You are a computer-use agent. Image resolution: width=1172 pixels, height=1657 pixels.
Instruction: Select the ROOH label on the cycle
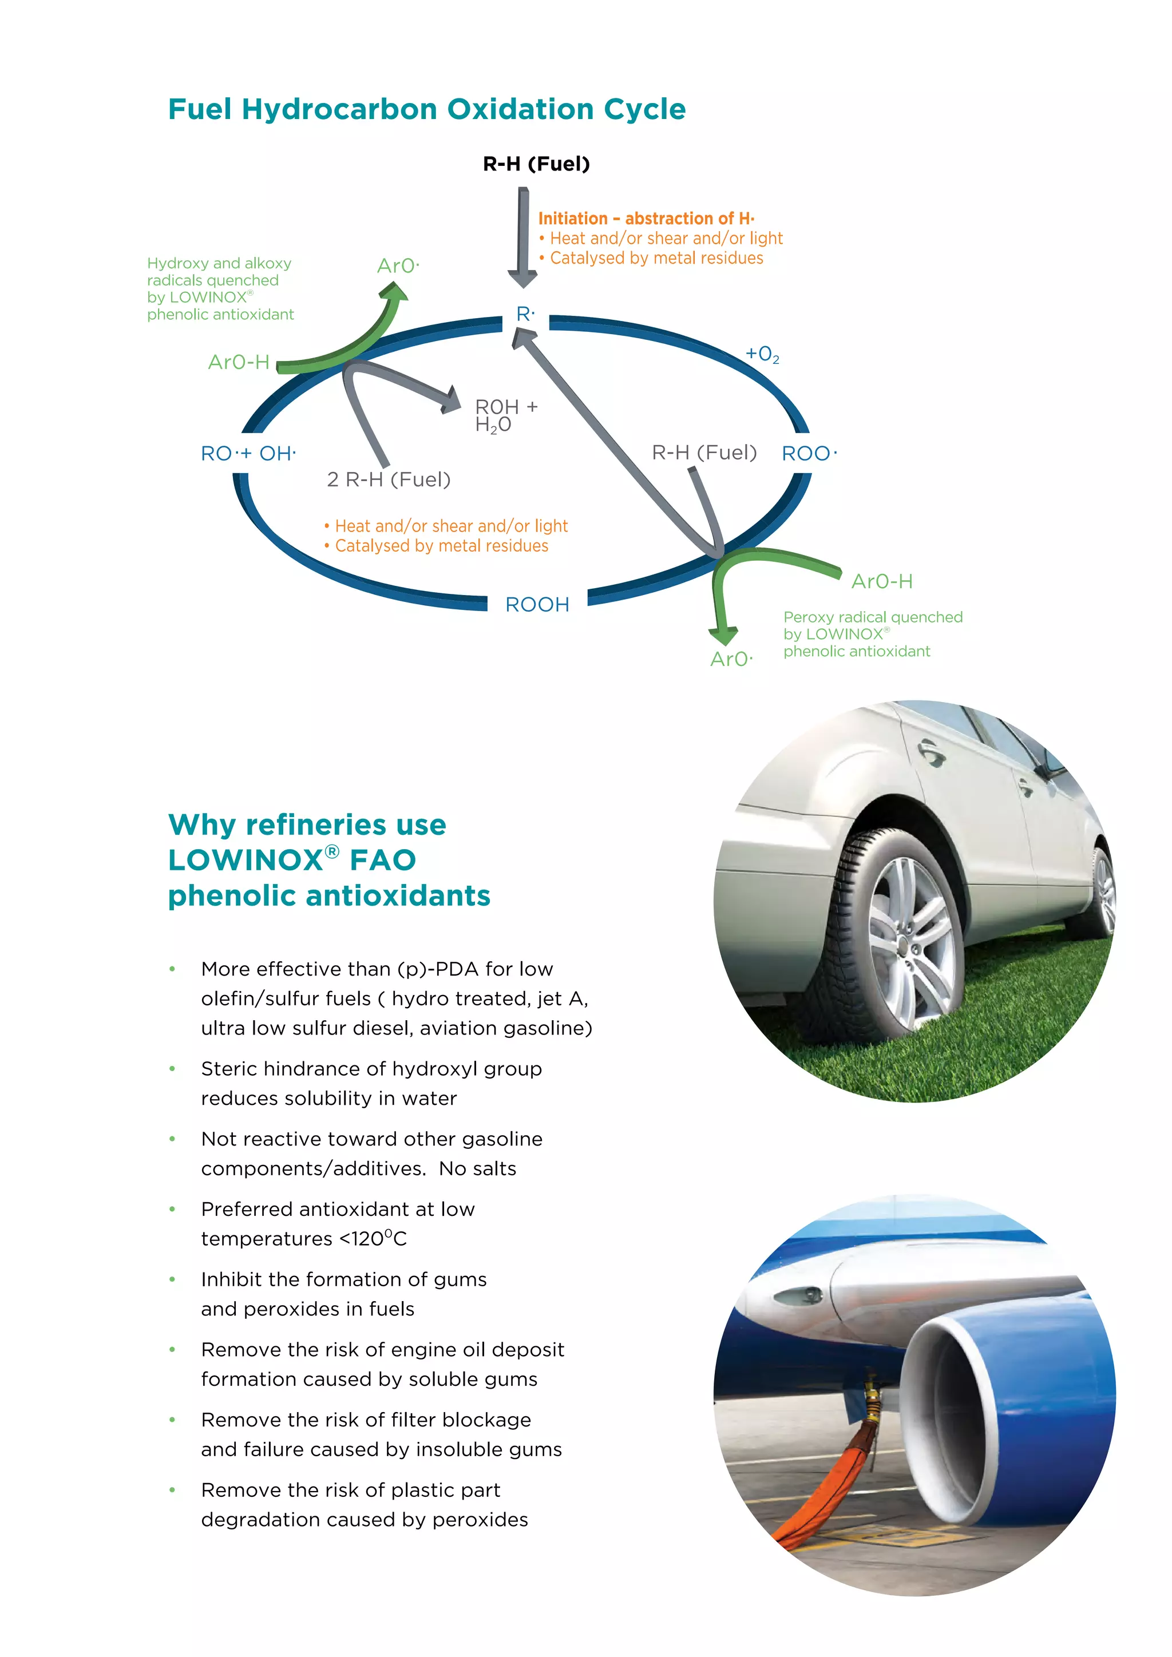537,604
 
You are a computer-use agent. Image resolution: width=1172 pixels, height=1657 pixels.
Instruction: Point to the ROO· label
809,453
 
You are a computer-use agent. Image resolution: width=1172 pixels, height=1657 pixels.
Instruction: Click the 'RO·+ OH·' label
248,453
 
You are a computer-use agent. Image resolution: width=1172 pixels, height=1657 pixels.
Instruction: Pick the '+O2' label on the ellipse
762,354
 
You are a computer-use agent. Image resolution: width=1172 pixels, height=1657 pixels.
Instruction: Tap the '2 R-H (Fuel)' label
388,479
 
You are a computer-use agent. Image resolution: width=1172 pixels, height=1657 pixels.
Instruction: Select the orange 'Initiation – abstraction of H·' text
646,218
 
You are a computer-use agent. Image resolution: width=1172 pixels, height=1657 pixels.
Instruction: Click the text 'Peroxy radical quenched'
873,617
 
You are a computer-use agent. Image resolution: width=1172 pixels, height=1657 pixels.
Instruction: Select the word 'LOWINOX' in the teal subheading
246,860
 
